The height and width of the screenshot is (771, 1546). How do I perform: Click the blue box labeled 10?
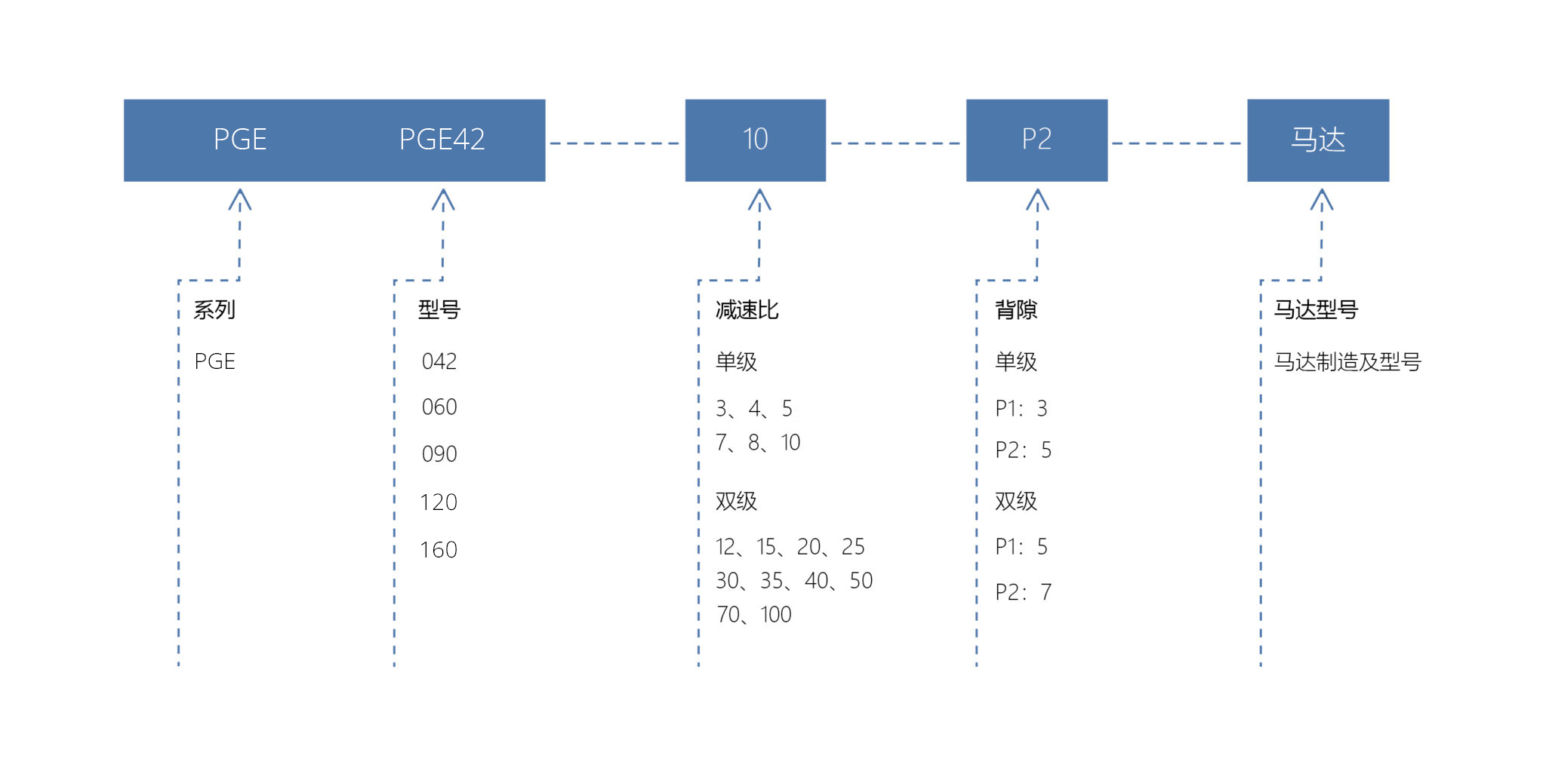pos(755,140)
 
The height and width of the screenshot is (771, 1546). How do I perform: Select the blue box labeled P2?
pos(1036,140)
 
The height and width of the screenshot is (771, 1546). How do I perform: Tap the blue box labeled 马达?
pos(1318,140)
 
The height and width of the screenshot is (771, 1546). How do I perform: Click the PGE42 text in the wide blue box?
pos(442,140)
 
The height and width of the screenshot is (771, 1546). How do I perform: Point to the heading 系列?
pos(214,309)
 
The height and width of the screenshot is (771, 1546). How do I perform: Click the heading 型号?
pos(439,309)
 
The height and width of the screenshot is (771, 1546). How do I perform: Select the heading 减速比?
pos(747,309)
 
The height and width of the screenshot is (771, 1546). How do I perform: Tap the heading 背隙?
pos(1016,309)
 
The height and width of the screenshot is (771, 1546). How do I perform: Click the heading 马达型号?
pos(1316,309)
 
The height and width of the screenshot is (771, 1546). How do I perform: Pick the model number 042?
pos(439,361)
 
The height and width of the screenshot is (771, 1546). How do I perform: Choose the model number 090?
pos(439,454)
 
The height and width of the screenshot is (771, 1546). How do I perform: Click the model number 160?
pos(439,550)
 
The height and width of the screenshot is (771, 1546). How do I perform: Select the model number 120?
pos(439,502)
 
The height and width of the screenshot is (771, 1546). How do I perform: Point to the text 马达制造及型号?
pos(1347,362)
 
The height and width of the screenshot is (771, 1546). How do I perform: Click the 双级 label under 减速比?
pos(736,501)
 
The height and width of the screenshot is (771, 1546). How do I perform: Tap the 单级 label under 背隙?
pos(1016,362)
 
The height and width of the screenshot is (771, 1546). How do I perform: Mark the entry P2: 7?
pos(1023,592)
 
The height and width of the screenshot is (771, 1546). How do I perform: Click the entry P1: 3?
pos(1021,409)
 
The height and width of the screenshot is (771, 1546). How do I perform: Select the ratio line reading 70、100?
pos(753,615)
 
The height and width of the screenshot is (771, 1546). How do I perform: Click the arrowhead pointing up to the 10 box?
pos(759,199)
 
